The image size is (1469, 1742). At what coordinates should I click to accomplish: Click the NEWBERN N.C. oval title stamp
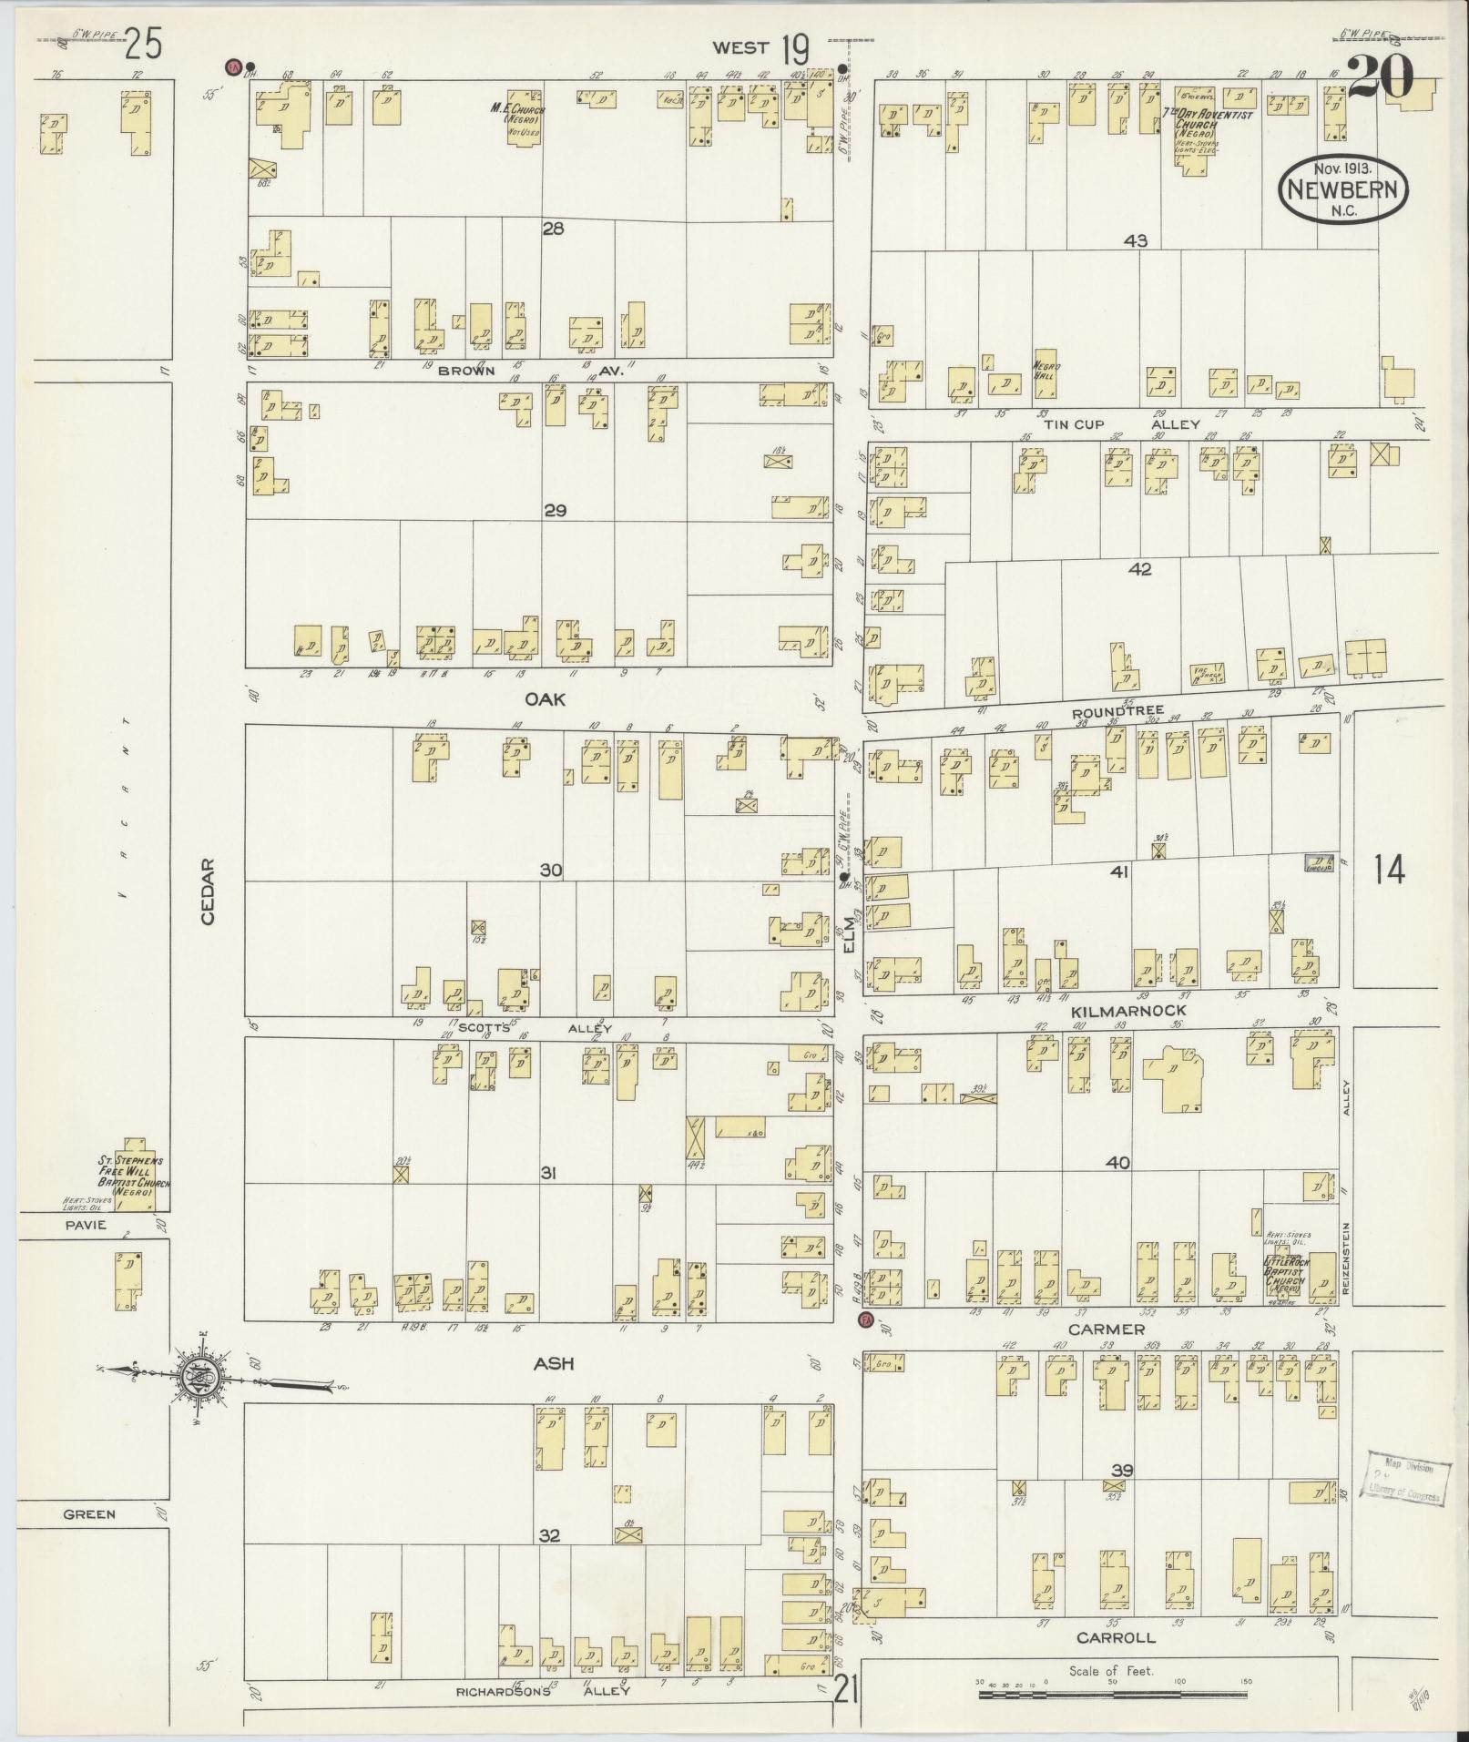[1344, 188]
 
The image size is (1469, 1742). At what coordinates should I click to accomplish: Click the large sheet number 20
[1381, 76]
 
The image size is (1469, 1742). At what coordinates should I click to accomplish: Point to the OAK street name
[546, 698]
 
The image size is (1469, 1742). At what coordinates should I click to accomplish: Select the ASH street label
[555, 1363]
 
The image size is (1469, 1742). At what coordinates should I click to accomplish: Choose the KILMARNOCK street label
[1129, 1011]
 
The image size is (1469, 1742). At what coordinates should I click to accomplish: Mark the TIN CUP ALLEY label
[1121, 424]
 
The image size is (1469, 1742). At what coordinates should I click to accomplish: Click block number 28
[553, 229]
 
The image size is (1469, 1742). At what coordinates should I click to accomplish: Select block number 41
[1119, 871]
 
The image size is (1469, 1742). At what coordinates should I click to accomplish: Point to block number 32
[548, 1535]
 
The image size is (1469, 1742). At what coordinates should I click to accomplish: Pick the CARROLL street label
[1116, 1637]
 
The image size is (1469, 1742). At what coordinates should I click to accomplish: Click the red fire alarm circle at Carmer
[865, 1319]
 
